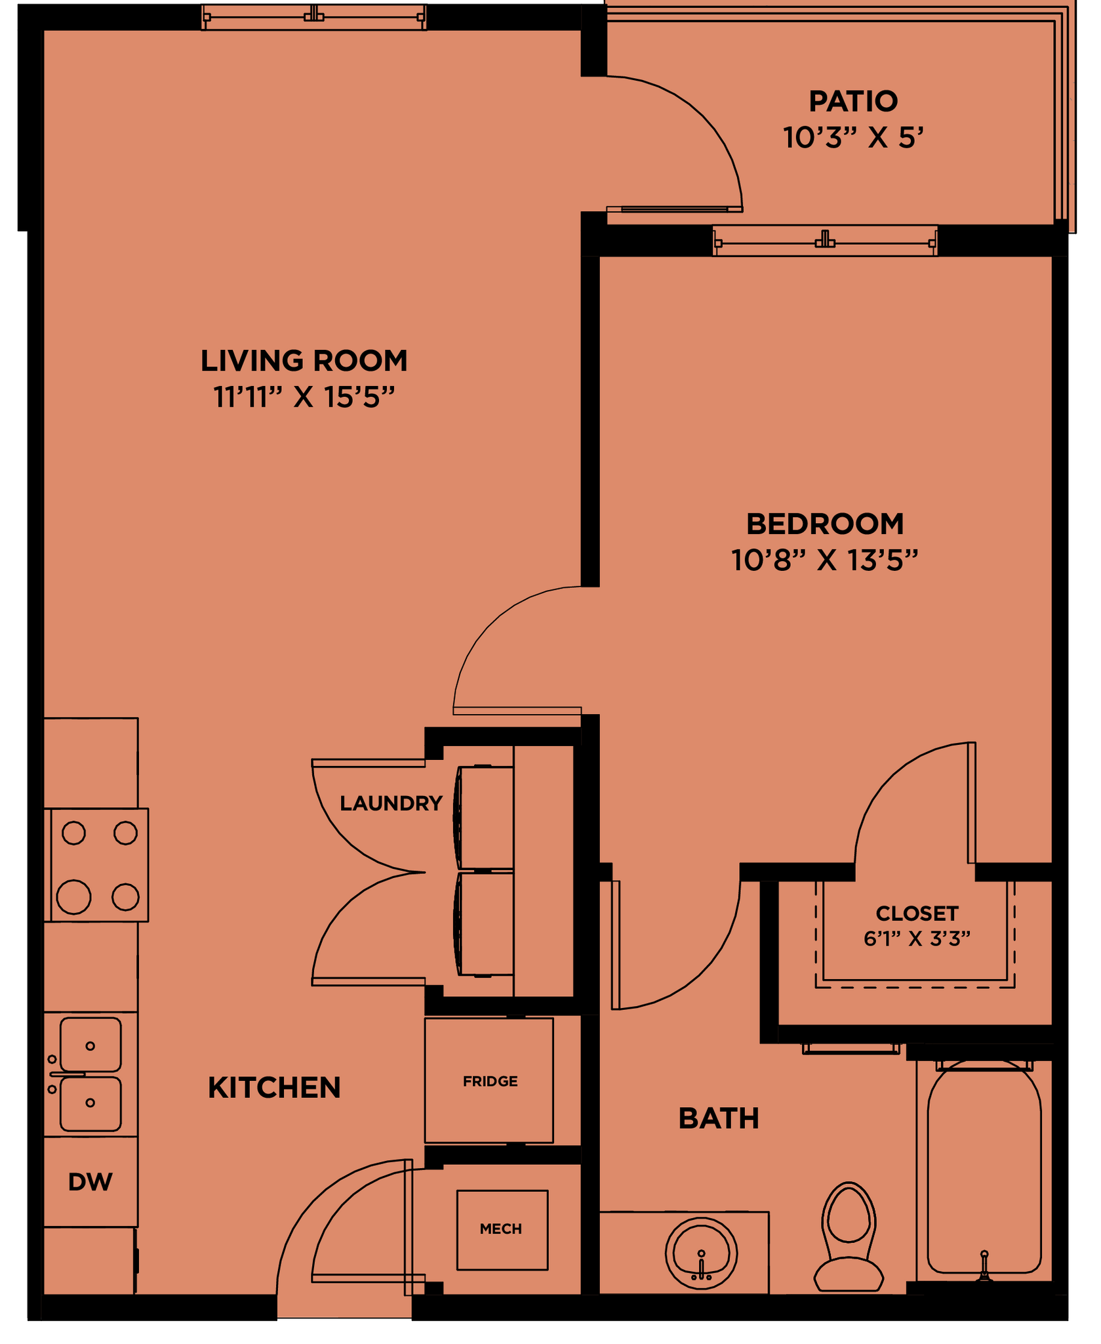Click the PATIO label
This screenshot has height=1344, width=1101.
852,102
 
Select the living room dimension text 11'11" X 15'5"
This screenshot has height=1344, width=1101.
304,397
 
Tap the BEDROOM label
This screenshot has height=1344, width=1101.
825,524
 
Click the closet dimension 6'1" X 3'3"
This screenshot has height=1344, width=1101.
916,939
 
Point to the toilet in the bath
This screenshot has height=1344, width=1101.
849,1237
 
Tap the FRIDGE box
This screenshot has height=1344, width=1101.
489,1081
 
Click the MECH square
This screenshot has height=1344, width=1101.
502,1230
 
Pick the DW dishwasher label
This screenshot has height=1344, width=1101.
90,1182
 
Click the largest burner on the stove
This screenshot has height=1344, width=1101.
73,897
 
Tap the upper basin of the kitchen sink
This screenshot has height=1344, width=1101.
90,1045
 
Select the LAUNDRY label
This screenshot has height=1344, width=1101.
391,803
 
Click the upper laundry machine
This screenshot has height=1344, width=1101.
485,816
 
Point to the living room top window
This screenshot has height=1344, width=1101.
314,17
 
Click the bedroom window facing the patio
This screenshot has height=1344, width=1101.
825,241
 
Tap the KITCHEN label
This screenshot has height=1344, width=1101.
274,1088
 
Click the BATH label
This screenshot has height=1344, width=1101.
719,1118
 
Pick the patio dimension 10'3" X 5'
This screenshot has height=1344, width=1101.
852,138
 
